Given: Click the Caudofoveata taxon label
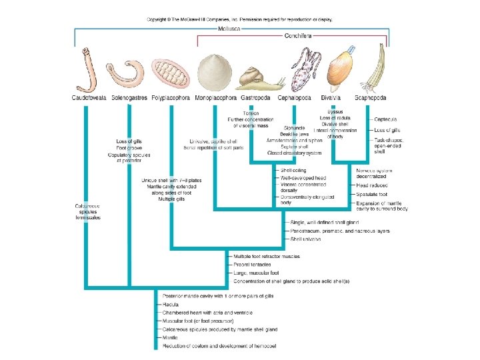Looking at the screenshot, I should pos(90,98).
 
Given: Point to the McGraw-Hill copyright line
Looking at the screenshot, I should pos(239,19).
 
